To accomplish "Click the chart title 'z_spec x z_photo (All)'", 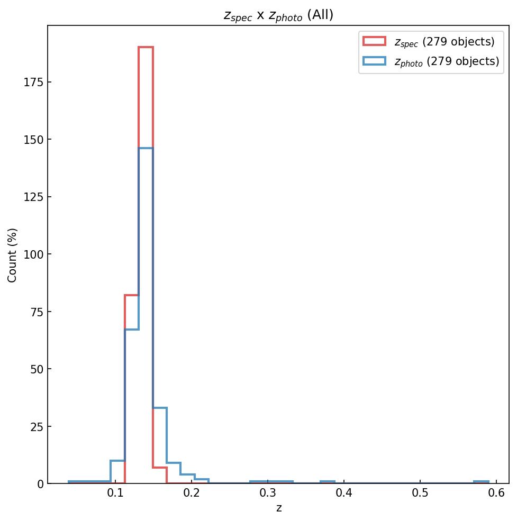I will [x=278, y=15].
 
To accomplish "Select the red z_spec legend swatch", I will [x=374, y=41].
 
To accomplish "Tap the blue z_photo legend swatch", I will [x=374, y=61].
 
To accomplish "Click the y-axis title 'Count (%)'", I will [x=13, y=255].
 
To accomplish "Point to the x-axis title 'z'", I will [x=279, y=508].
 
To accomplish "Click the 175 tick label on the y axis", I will [x=34, y=82].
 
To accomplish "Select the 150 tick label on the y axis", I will [x=34, y=140].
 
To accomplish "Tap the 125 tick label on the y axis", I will [x=34, y=197].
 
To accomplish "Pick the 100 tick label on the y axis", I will [x=34, y=254].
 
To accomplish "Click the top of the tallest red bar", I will [x=146, y=48].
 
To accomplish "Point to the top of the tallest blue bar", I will [x=146, y=148].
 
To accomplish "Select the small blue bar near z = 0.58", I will [x=482, y=482].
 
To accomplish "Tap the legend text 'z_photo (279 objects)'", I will [x=447, y=61].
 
